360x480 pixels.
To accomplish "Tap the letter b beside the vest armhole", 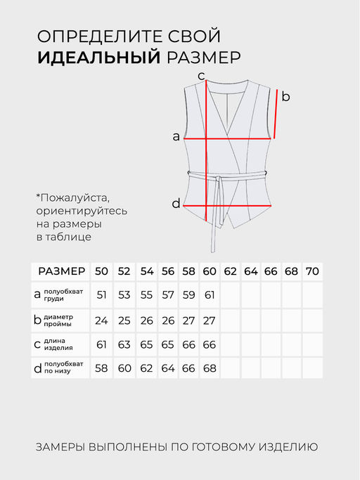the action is tap(285, 97).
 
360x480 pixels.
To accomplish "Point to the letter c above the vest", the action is tap(200, 76).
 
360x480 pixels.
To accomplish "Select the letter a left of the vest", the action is tap(176, 137).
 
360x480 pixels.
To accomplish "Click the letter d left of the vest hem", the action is tap(176, 204).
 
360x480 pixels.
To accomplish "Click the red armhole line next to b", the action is tap(276, 114).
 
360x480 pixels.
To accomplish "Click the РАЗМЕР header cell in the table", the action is tap(61, 271).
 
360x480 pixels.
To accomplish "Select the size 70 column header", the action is tap(313, 271).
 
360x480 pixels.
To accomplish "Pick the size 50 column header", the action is tap(102, 271).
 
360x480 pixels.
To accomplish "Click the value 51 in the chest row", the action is tap(102, 295).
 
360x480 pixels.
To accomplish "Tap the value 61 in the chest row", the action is tap(210, 295).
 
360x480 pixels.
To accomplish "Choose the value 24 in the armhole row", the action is tap(102, 320).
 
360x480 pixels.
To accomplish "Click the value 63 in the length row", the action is tap(124, 344).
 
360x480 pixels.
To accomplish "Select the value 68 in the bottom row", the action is tap(210, 368).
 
